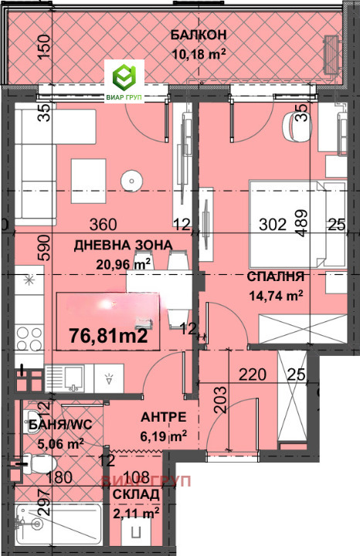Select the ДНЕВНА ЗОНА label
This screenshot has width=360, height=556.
coord(123,245)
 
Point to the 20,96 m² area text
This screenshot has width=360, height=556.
coord(123,264)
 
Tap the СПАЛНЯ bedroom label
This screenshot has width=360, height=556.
coord(275,276)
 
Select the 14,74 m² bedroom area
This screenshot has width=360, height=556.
coord(275,294)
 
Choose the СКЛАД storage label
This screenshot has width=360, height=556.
coord(136,494)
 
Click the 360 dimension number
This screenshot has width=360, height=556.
coord(104,225)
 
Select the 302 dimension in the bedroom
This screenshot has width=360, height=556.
coord(272,225)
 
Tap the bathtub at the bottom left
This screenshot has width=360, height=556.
coord(57,525)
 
